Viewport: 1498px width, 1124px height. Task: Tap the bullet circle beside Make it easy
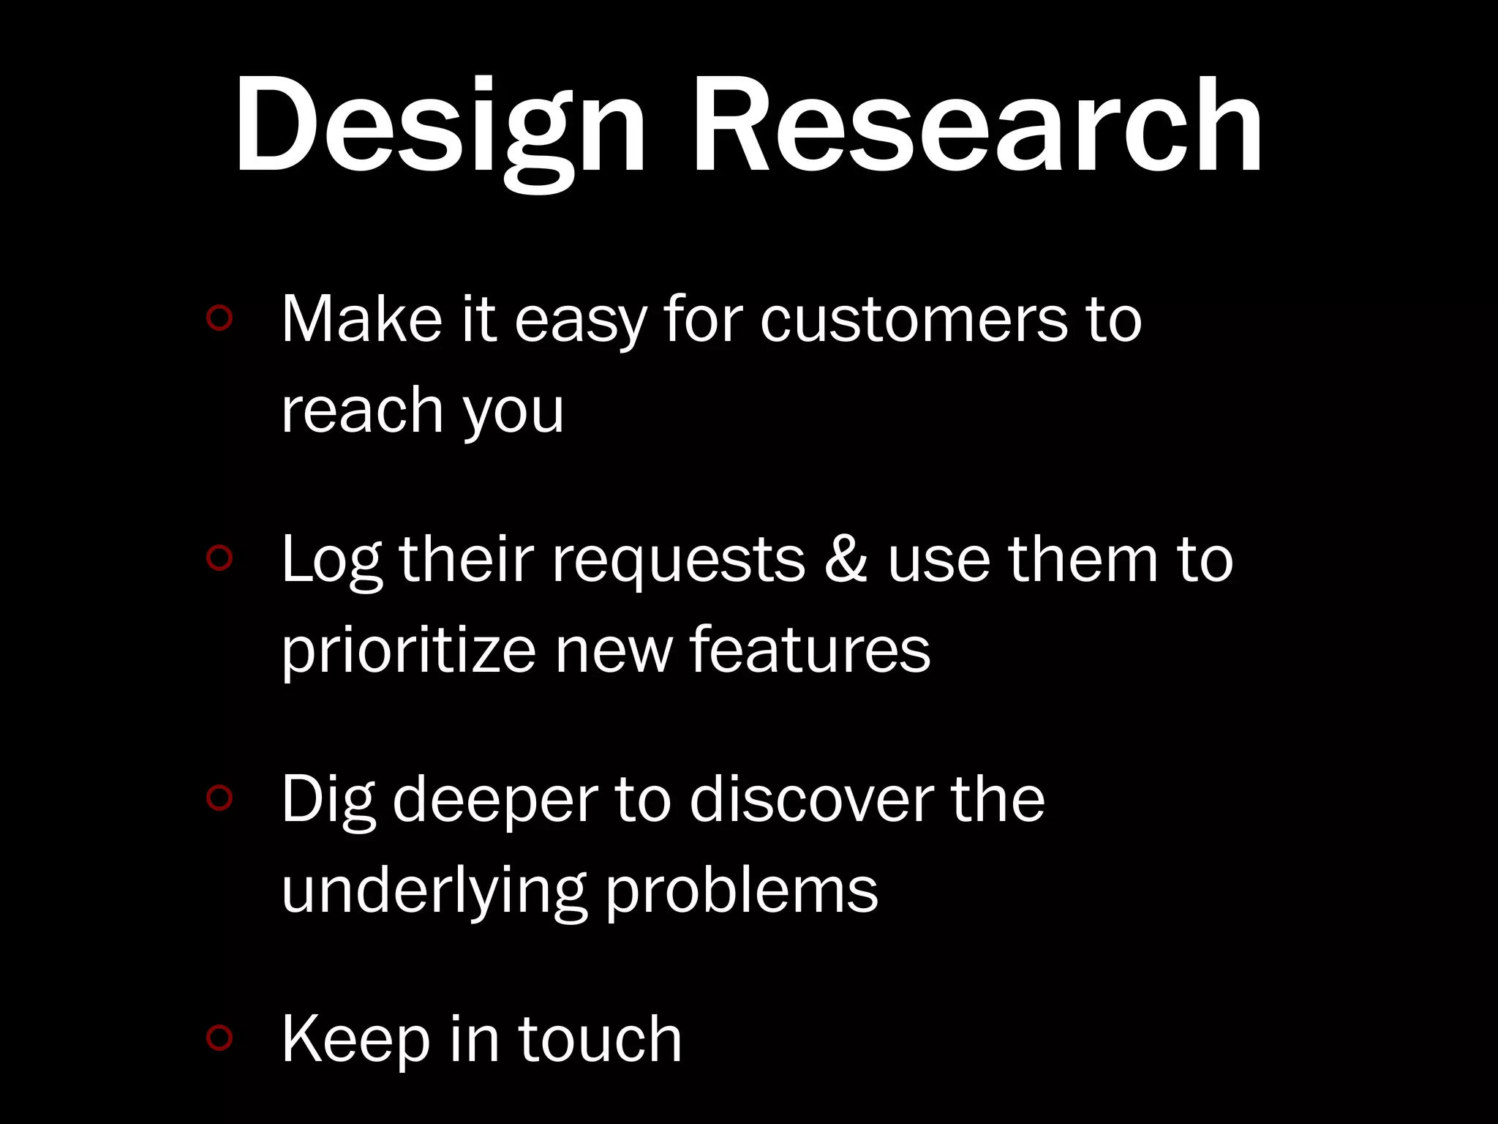pyautogui.click(x=219, y=318)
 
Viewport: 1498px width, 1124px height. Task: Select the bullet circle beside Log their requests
pyautogui.click(x=219, y=558)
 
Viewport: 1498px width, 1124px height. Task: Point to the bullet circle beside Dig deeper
pyautogui.click(x=219, y=798)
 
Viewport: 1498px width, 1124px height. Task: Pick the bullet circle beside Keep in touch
pyautogui.click(x=219, y=1037)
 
